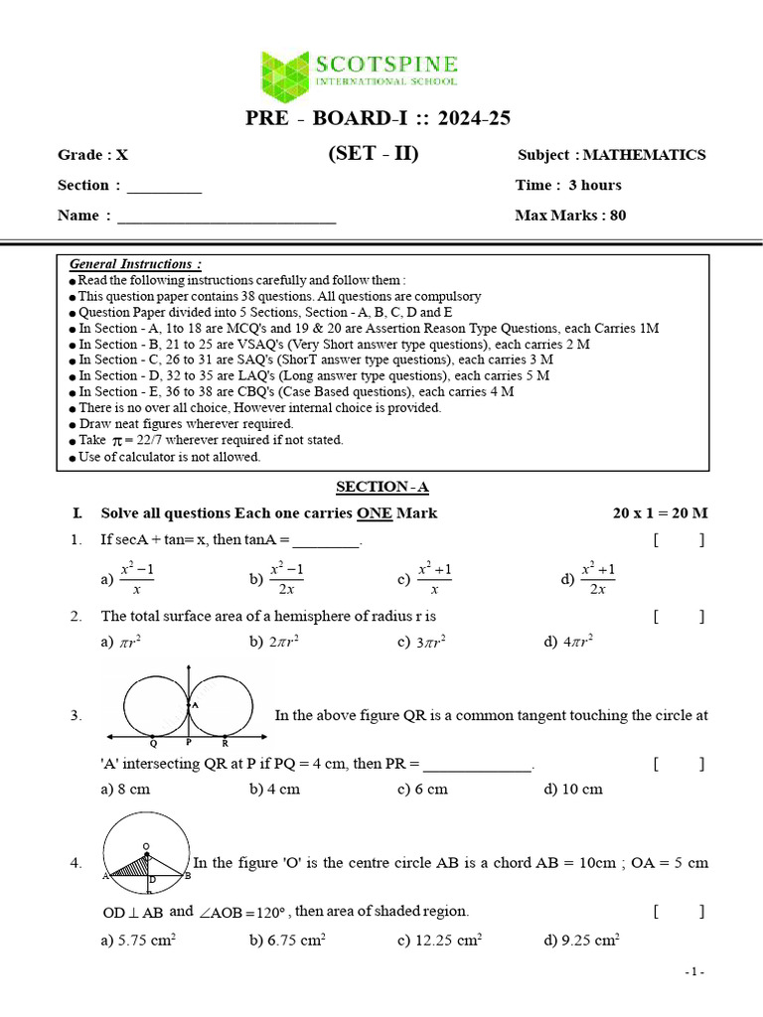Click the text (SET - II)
coord(373,154)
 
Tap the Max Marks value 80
coord(618,215)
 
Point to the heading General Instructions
coord(135,264)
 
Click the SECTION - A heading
coord(381,487)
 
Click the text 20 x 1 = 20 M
coord(660,513)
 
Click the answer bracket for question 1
coord(679,540)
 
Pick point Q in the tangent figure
coord(153,743)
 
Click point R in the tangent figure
coord(226,743)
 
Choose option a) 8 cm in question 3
coord(125,790)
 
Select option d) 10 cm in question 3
coord(573,790)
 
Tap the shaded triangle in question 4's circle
coord(130,867)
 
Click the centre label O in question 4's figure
coord(146,846)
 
